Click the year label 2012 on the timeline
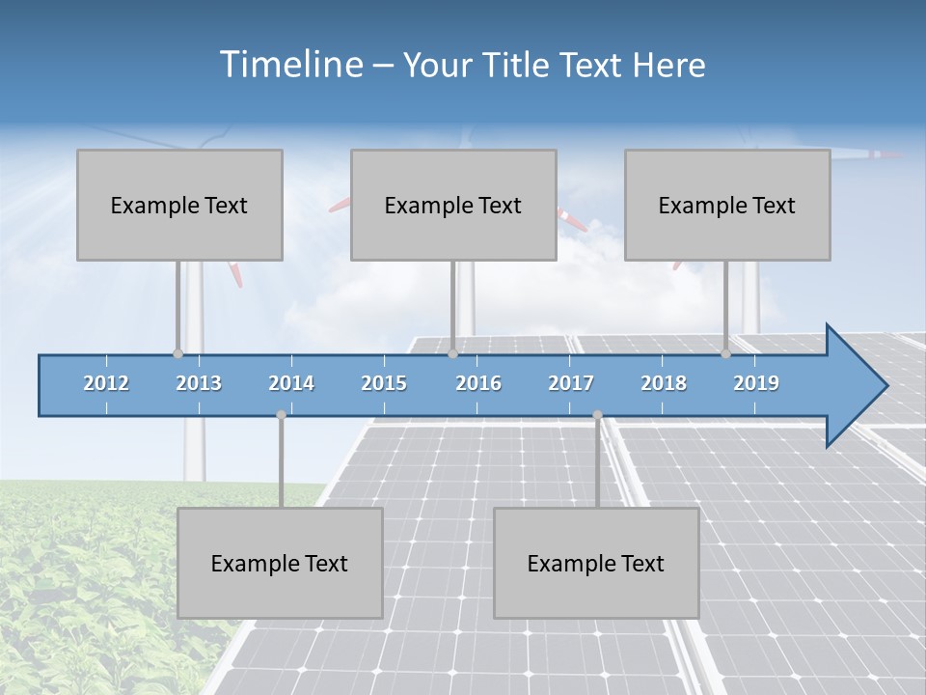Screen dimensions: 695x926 click(x=106, y=383)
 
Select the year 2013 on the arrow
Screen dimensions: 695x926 click(x=199, y=383)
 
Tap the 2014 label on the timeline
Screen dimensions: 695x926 click(x=291, y=383)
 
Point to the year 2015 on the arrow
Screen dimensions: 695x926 click(x=384, y=383)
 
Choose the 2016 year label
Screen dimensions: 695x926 click(x=478, y=383)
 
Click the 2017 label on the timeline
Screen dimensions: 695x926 click(x=571, y=383)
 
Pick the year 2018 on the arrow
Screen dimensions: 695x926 click(x=664, y=383)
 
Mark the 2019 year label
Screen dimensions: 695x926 click(x=756, y=383)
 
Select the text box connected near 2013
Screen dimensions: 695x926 click(x=179, y=205)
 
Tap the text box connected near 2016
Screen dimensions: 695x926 click(x=453, y=205)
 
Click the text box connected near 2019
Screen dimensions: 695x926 click(x=727, y=205)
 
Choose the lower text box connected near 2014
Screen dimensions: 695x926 click(x=280, y=563)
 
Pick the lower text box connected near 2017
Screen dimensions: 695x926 click(x=596, y=563)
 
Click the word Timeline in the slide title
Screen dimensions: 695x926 click(x=290, y=65)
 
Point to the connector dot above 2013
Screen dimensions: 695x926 click(x=177, y=354)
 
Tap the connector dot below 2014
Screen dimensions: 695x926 click(x=281, y=415)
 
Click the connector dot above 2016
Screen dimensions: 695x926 click(x=452, y=354)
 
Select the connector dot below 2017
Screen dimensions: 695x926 click(x=597, y=415)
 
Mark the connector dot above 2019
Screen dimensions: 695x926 click(x=725, y=354)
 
